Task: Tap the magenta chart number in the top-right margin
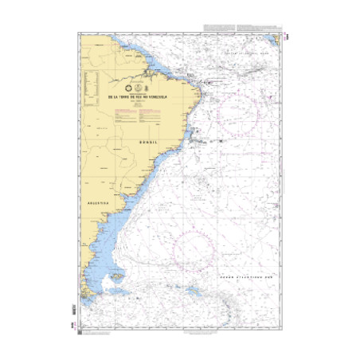(x=284, y=34)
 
